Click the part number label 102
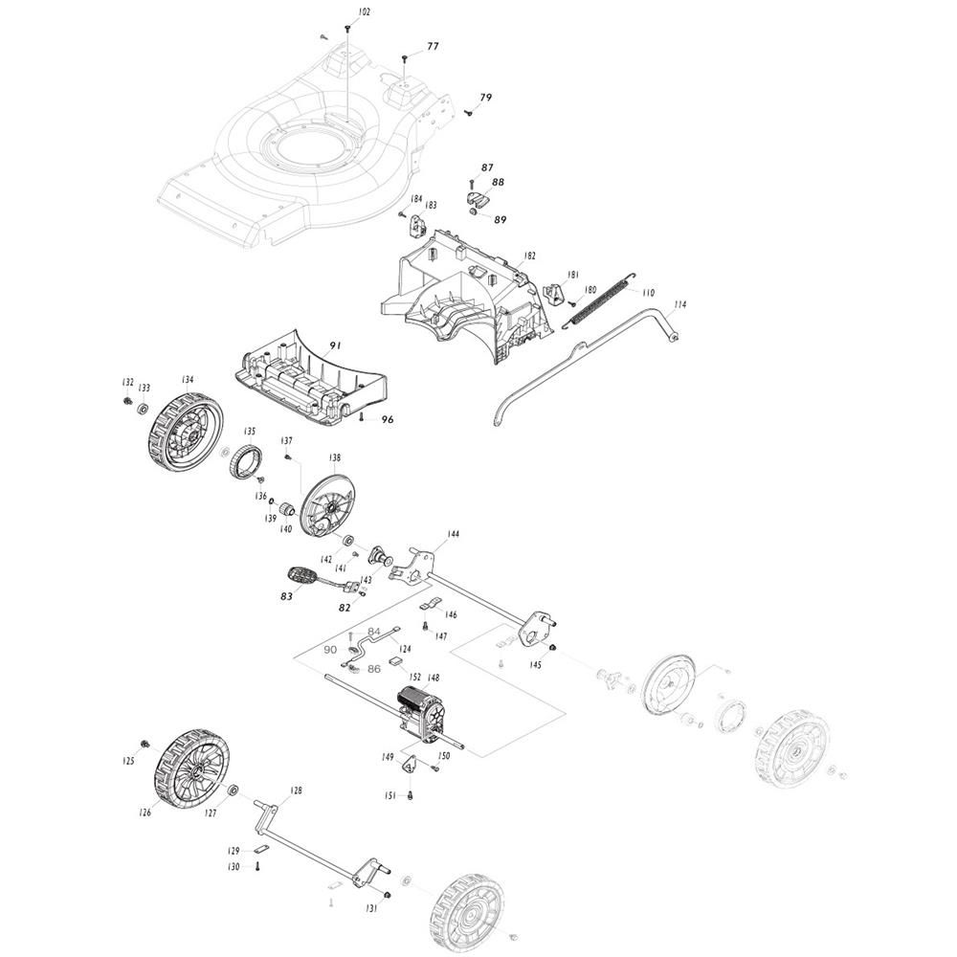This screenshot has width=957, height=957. click(364, 12)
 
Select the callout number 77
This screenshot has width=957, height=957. click(433, 46)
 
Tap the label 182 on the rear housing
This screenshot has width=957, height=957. click(530, 256)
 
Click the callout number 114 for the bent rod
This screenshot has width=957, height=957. click(679, 304)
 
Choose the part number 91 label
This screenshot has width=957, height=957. click(335, 346)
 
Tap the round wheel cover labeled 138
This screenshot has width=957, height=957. click(330, 503)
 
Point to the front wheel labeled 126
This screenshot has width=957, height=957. click(191, 766)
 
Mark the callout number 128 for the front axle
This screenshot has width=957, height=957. click(296, 790)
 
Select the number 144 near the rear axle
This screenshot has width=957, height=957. click(453, 534)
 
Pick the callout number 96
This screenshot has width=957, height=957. click(388, 419)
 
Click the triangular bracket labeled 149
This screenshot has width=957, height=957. click(409, 764)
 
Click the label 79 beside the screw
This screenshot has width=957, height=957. click(486, 98)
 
